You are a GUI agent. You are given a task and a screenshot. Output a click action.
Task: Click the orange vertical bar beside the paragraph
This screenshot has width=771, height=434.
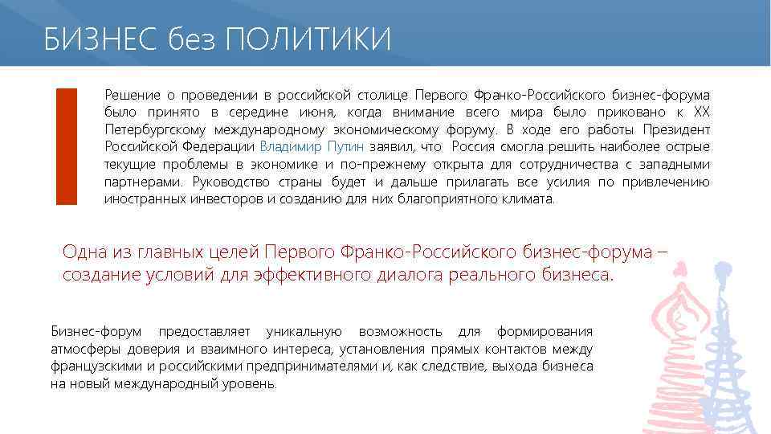pyautogui.click(x=67, y=145)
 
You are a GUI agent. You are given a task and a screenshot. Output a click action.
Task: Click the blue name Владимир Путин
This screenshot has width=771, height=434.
pyautogui.click(x=312, y=147)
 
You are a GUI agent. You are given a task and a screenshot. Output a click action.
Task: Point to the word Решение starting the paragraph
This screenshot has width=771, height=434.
pyautogui.click(x=129, y=94)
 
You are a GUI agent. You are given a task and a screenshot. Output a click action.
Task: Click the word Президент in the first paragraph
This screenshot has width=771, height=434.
pyautogui.click(x=682, y=129)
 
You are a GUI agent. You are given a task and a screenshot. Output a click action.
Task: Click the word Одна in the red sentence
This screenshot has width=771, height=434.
pyautogui.click(x=84, y=252)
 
